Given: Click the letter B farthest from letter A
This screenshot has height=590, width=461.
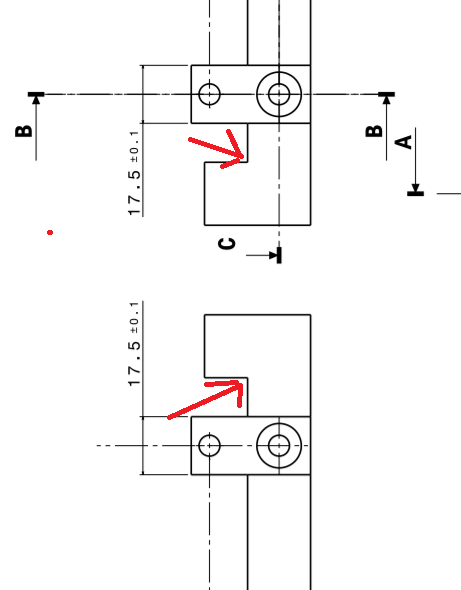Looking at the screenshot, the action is pyautogui.click(x=24, y=131).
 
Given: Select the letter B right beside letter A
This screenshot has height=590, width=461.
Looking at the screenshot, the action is pyautogui.click(x=374, y=131).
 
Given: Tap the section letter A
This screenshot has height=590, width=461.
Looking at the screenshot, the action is pyautogui.click(x=403, y=142).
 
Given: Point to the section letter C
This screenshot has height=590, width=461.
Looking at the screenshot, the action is pyautogui.click(x=227, y=244).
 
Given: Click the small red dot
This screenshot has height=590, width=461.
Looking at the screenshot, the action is pyautogui.click(x=50, y=233).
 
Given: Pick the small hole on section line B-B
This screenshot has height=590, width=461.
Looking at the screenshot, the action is pyautogui.click(x=209, y=94).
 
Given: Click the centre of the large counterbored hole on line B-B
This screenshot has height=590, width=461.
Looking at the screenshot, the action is pyautogui.click(x=279, y=94).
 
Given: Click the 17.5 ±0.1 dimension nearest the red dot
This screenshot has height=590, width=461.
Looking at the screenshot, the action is pyautogui.click(x=134, y=173).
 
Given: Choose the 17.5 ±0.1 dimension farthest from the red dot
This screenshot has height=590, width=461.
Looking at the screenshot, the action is pyautogui.click(x=134, y=344).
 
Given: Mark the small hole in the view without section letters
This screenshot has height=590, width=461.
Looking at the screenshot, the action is pyautogui.click(x=209, y=446).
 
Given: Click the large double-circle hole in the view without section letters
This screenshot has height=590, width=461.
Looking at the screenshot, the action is pyautogui.click(x=279, y=446).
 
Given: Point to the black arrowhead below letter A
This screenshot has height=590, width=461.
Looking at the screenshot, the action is pyautogui.click(x=415, y=187).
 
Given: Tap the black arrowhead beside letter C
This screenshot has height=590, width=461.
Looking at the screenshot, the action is pyautogui.click(x=273, y=255).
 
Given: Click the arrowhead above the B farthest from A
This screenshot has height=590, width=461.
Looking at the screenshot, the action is pyautogui.click(x=36, y=100).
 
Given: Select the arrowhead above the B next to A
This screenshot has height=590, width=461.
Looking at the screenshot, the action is pyautogui.click(x=386, y=100).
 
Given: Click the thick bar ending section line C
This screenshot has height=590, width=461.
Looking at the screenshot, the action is pyautogui.click(x=279, y=255).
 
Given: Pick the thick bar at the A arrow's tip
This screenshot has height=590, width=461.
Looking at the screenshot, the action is pyautogui.click(x=415, y=194).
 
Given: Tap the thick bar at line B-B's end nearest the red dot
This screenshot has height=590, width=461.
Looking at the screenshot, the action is pyautogui.click(x=36, y=94).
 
